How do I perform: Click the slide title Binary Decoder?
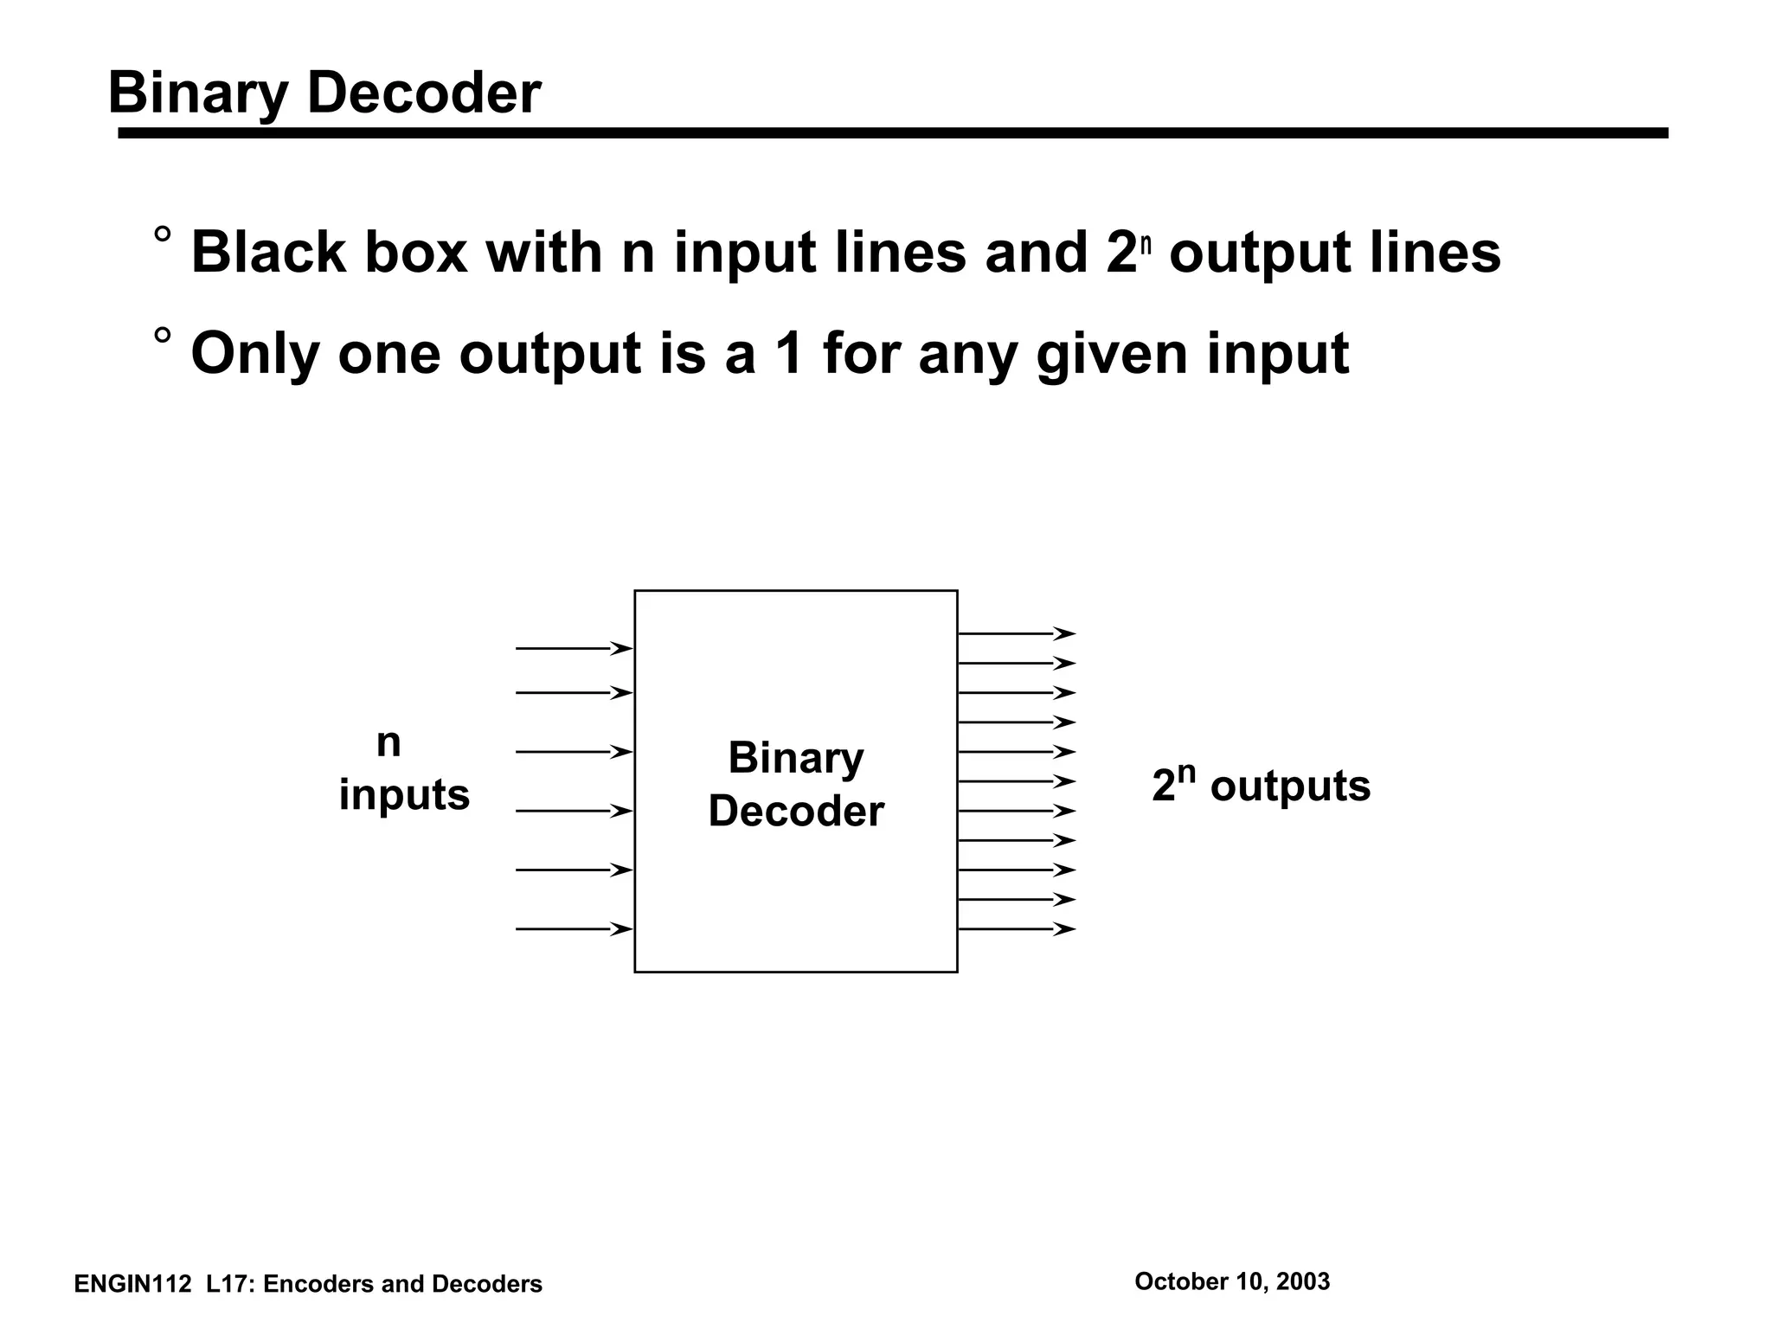(324, 93)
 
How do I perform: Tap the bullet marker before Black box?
(162, 235)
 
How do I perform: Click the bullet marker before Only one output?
(162, 337)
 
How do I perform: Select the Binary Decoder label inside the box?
(795, 784)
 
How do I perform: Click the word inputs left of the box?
(404, 794)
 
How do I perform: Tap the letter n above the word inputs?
(388, 742)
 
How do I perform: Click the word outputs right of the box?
(1289, 786)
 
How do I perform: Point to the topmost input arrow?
(573, 648)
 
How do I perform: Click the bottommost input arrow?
(573, 929)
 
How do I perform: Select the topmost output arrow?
(1016, 633)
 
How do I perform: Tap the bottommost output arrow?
(1016, 929)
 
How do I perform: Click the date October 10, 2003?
(1231, 1281)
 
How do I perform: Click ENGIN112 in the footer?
(132, 1285)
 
